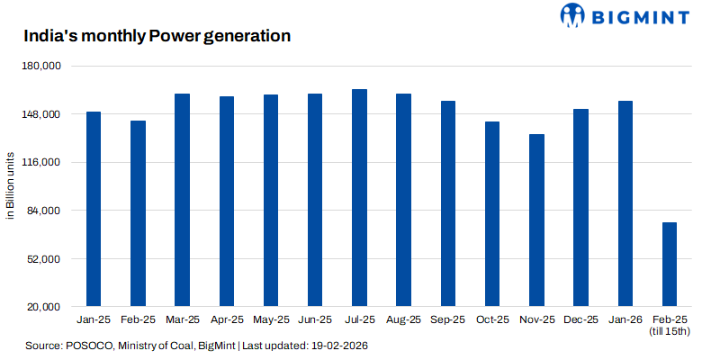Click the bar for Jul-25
(x=359, y=198)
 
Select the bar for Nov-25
(x=536, y=220)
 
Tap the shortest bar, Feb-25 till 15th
(x=669, y=265)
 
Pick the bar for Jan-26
(x=625, y=203)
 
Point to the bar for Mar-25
(x=182, y=200)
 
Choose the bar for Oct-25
(x=492, y=214)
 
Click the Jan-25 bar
(x=94, y=209)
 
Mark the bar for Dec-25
(x=580, y=208)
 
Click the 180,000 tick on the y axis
(x=40, y=67)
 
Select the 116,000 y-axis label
(x=40, y=163)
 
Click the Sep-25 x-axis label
(x=448, y=319)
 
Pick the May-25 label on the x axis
(x=271, y=319)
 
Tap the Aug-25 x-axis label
(x=403, y=319)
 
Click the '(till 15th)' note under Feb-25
(x=669, y=332)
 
